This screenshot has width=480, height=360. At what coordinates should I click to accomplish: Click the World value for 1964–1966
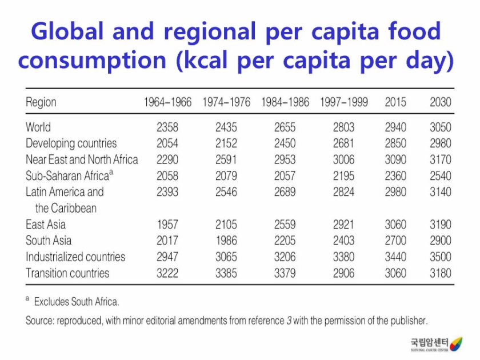coord(167,127)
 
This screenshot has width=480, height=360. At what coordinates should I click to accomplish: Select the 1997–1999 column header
coord(344,102)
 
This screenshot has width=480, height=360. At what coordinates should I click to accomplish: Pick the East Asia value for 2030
coord(441,225)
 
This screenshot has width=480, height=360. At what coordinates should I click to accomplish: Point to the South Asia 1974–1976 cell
coord(226,241)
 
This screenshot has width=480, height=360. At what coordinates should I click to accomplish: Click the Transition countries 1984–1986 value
coord(285,273)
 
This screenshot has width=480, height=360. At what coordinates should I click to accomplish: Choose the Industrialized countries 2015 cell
coord(395,257)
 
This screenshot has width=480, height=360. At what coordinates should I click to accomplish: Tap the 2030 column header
coord(441,102)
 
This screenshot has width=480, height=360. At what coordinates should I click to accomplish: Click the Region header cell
coord(41,102)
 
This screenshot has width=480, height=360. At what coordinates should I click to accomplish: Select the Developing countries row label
coord(71,143)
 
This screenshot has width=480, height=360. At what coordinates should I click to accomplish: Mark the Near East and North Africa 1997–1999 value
coord(344,159)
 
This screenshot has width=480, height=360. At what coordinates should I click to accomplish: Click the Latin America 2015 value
coord(395,192)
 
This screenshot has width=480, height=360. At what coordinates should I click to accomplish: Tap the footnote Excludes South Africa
coord(77,301)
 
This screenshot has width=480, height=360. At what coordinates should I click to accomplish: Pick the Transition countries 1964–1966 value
coord(167,273)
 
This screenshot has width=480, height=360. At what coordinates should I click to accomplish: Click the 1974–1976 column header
coord(226,102)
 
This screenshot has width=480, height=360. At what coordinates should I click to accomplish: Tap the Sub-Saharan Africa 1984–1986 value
coord(285,175)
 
